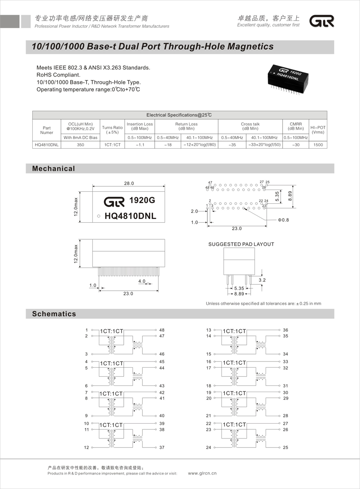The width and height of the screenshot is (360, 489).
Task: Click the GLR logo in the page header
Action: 322,21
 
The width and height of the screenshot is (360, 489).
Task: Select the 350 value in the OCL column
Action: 80,145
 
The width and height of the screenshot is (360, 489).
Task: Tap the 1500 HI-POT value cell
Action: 318,145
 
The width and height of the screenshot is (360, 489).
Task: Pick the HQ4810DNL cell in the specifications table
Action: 47,145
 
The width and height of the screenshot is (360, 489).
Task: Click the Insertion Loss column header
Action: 139,126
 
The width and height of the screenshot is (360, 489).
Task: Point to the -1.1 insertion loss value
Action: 139,145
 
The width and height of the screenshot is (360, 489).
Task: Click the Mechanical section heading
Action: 54,169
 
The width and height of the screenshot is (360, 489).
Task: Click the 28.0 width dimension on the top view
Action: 129,183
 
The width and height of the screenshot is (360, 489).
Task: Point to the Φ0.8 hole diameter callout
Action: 283,220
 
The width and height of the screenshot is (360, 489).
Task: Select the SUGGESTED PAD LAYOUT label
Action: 241,244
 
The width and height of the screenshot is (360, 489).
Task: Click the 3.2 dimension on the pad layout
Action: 262,280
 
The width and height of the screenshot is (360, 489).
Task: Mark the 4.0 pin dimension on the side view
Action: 142,281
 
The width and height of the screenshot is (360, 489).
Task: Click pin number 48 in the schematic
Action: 162,330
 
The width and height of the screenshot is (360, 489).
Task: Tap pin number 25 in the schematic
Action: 286,448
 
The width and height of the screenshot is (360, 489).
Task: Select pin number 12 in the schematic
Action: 86,448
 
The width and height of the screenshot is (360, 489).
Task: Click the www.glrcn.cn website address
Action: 202,473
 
